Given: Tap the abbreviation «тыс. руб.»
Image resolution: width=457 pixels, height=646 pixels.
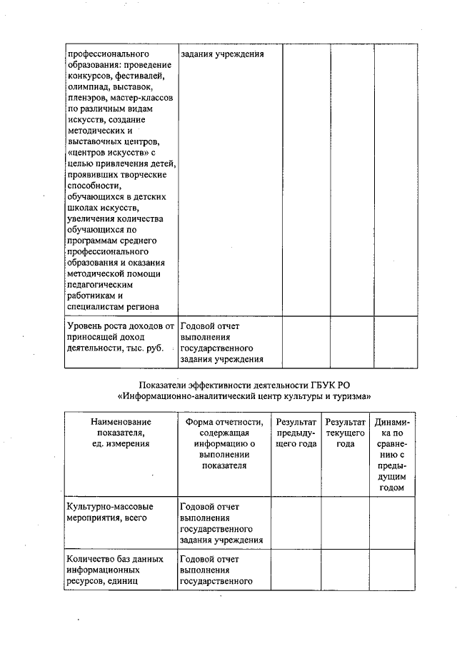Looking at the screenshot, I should (142, 348).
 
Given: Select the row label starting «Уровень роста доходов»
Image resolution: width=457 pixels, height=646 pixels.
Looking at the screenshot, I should (119, 337).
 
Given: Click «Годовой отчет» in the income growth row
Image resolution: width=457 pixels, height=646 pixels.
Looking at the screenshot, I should (210, 327).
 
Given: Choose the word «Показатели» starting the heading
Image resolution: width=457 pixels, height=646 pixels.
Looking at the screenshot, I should (164, 385).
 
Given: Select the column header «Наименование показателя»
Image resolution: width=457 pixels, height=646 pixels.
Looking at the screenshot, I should (119, 433).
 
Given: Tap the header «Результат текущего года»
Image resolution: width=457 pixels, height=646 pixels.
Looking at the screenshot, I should (346, 433).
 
